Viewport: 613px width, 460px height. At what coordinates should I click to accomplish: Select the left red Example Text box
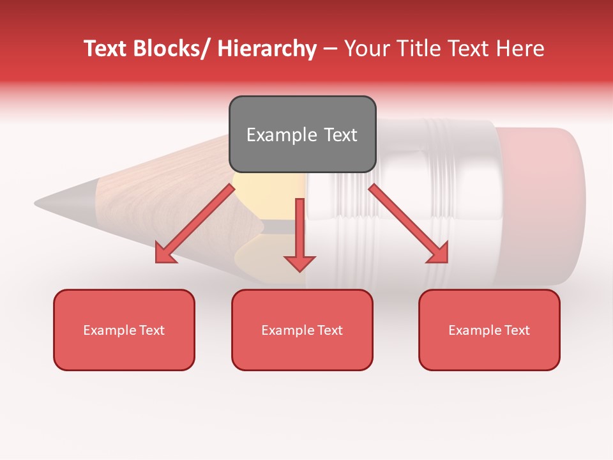pos(124,330)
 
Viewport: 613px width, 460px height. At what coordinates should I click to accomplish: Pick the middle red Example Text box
pos(302,330)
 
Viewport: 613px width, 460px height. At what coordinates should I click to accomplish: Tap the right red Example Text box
pos(489,330)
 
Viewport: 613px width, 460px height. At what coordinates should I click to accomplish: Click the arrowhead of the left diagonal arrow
pos(165,254)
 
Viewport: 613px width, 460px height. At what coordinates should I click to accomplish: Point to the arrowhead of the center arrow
pos(299,263)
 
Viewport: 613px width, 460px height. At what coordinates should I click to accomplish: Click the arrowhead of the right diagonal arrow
pos(439,253)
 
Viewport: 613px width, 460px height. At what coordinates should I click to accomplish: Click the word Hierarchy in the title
pos(267,49)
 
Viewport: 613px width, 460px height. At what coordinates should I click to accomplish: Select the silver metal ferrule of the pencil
pos(434,204)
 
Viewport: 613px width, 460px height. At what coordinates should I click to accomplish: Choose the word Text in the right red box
pos(516,330)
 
